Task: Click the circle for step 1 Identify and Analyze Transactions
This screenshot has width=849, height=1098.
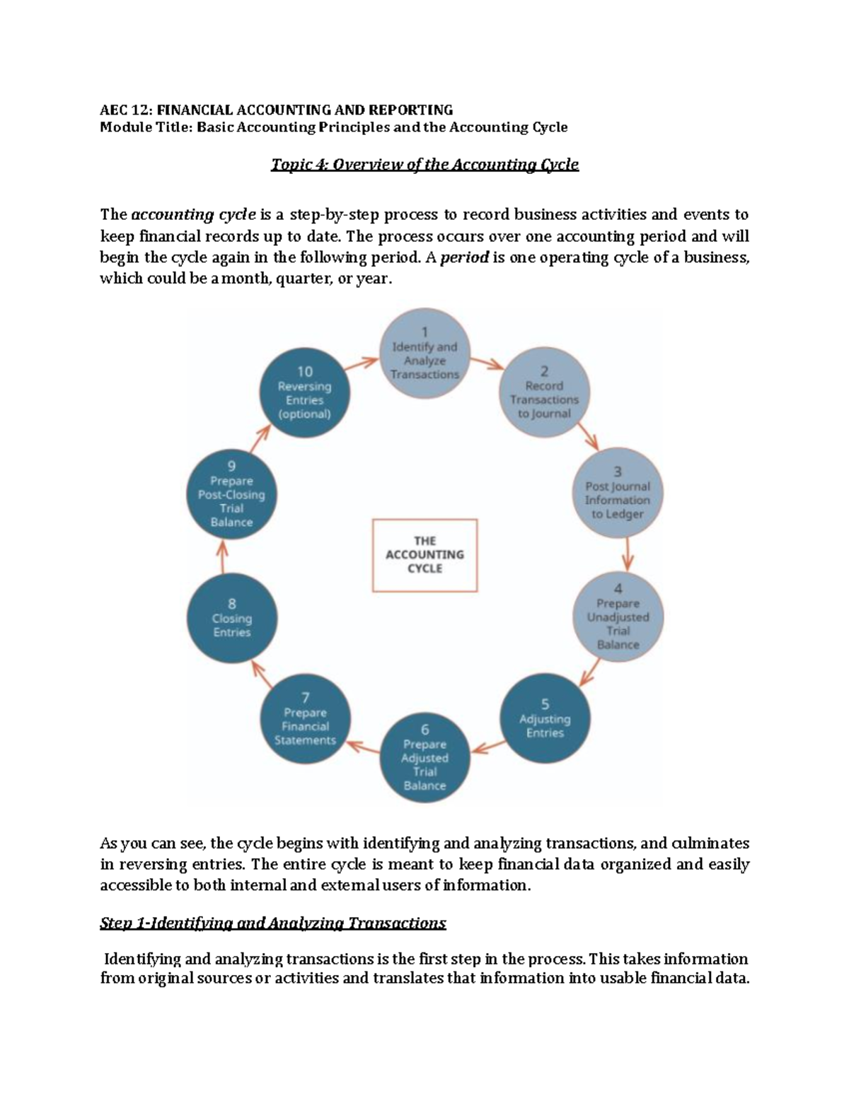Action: (x=425, y=353)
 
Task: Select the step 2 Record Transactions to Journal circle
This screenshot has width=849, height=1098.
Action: (x=545, y=391)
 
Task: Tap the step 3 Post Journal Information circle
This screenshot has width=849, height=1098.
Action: (x=618, y=492)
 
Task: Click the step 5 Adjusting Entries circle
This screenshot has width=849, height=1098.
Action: (x=545, y=718)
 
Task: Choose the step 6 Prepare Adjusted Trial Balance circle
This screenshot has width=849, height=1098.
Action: (x=425, y=757)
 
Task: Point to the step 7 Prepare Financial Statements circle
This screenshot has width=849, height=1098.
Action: (x=306, y=718)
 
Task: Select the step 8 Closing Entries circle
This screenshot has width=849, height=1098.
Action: (x=231, y=617)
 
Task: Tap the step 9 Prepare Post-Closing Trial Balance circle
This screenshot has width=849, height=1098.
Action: (x=231, y=494)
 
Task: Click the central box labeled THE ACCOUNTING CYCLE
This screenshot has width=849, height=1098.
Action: (x=425, y=555)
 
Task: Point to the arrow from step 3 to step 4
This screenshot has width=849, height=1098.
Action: (x=627, y=554)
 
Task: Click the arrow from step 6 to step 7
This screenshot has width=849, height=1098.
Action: (x=364, y=746)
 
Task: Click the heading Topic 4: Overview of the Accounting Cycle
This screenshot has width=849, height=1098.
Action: (x=424, y=165)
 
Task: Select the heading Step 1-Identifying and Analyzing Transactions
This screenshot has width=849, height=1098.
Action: (x=273, y=923)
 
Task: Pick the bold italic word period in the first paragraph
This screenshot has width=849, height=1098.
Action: (x=464, y=257)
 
